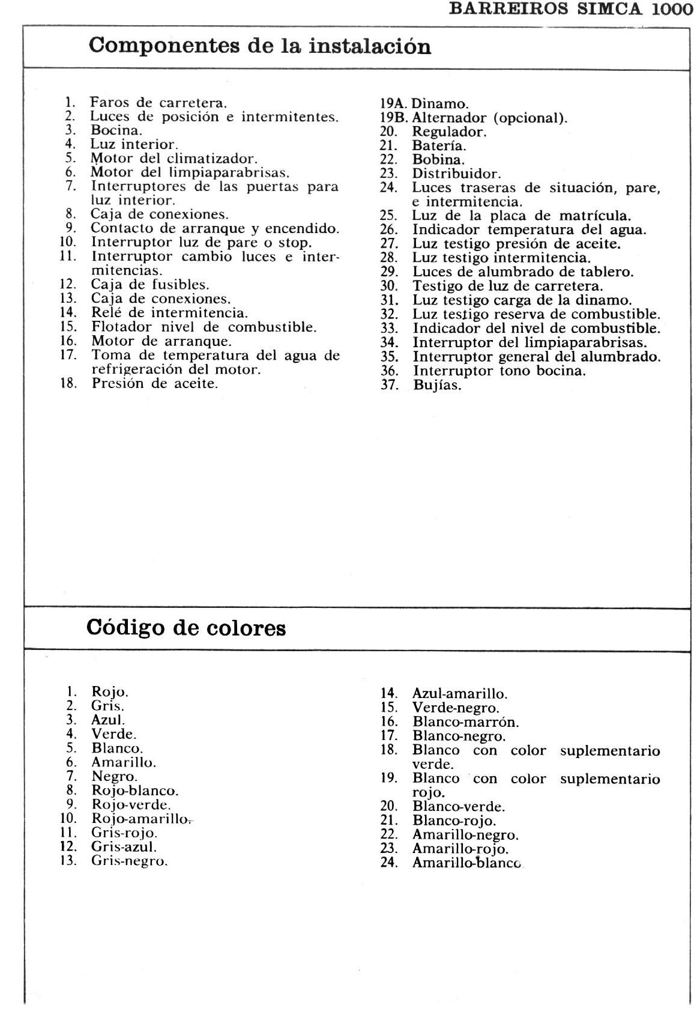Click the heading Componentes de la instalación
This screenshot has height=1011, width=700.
tap(259, 46)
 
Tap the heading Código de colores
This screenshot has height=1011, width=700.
tap(186, 628)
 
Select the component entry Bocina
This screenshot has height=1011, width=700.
tap(116, 130)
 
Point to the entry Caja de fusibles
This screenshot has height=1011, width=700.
tap(149, 285)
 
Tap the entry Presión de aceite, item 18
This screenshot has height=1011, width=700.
tap(154, 383)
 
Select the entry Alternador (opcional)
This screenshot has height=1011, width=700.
tap(489, 118)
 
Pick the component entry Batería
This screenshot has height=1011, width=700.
tap(439, 146)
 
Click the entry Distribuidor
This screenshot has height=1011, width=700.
tap(456, 174)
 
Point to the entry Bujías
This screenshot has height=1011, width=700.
tap(437, 386)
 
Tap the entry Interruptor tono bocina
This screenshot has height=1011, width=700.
tap(498, 371)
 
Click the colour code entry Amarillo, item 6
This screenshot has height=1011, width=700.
tap(123, 763)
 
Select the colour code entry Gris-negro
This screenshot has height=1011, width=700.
tap(129, 861)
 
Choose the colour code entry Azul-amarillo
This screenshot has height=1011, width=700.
tap(459, 694)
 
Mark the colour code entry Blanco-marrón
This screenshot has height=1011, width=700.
tap(465, 722)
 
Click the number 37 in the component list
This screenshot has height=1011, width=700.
tap(390, 385)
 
